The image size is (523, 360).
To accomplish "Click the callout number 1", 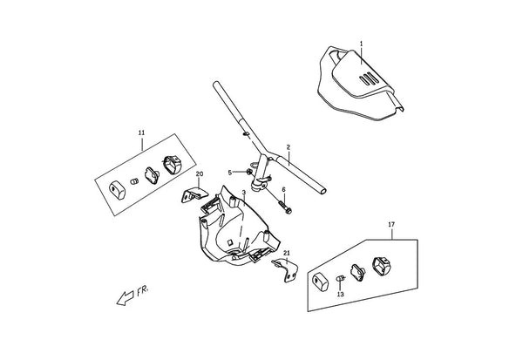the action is pos(361,44).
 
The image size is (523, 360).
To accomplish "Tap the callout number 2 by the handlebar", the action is pos(289,146).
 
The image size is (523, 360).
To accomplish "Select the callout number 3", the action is pos(244,193).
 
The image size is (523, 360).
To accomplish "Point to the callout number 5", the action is pos(229,173).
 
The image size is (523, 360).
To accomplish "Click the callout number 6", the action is pos(284,189).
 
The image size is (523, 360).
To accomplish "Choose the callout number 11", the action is pos(141,132).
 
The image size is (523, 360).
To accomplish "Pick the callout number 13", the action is pos(340,295).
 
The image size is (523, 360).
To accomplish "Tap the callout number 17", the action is pos(391,225).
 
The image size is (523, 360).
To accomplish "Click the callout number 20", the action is pos(199,173).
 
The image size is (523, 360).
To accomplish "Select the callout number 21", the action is pos(287,253).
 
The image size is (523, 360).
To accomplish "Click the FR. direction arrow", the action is pos(125,298).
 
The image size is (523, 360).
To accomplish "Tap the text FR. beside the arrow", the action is pos(142,291).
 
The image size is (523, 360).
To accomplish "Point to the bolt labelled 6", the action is pos(284,207).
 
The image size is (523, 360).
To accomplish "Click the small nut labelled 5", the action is pos(249,172).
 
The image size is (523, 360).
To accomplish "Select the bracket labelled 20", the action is pos(194,195).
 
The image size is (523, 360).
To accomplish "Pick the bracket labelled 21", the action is pos(286,269).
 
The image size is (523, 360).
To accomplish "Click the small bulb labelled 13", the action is pos(340,278).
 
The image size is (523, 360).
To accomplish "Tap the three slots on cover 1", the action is pos(369,79).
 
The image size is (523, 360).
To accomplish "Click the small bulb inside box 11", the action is pos(134,182).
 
